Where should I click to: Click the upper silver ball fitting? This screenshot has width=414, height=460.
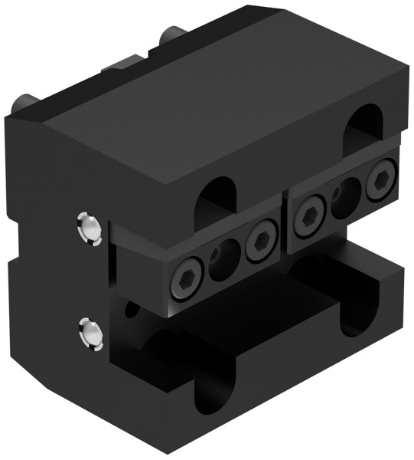pyautogui.click(x=90, y=228)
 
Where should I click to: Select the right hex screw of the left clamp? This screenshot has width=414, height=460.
pyautogui.click(x=262, y=242)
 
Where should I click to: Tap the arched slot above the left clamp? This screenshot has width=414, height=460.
pyautogui.click(x=219, y=199)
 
